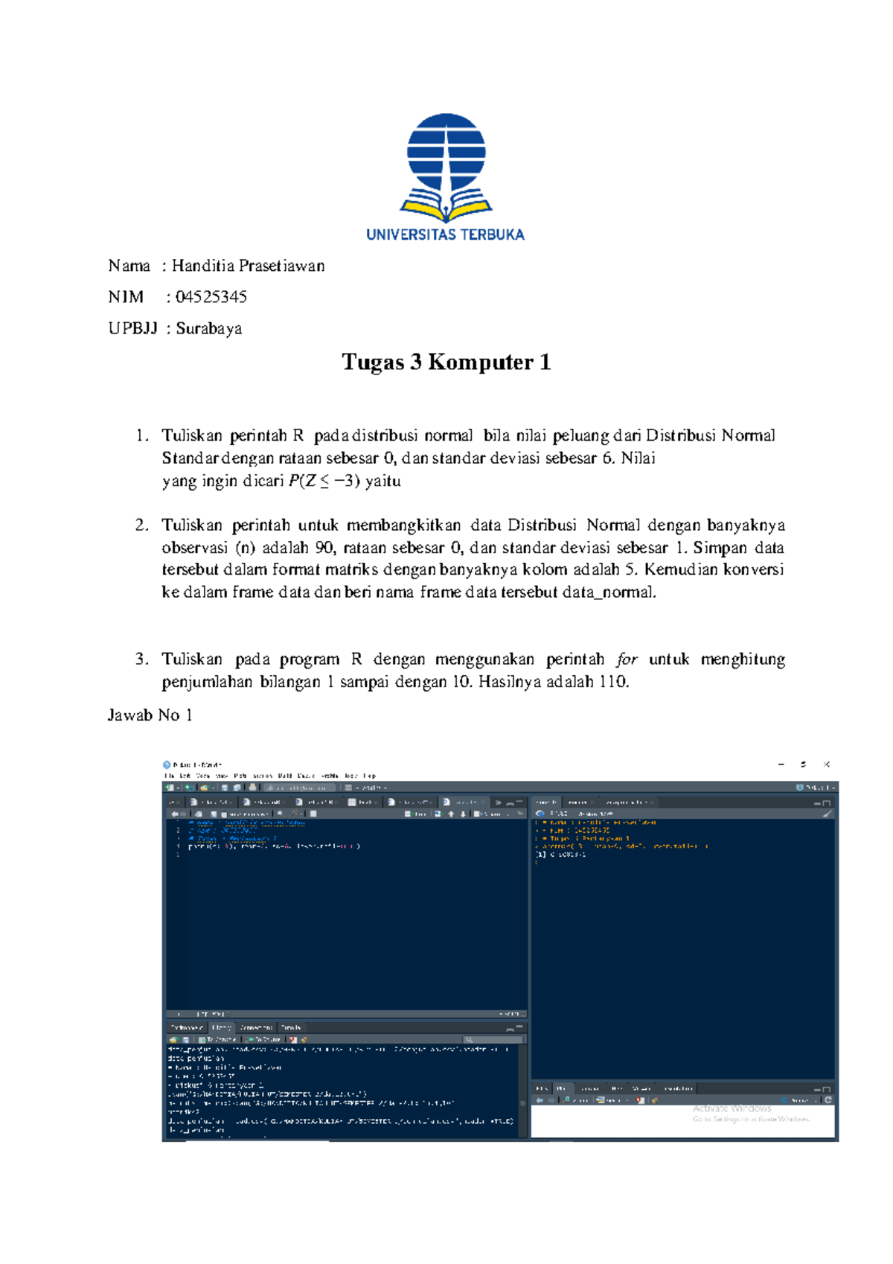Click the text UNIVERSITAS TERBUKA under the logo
pos(445,234)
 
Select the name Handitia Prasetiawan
pos(248,266)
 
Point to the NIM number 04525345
pos(211,297)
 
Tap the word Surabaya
pos(208,328)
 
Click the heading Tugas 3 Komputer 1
pos(446,363)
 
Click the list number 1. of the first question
pos(142,435)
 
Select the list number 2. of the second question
pos(142,526)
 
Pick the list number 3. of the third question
pos(142,660)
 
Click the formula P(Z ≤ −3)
pos(324,481)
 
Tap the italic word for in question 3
pos(627,660)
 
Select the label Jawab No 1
pos(150,715)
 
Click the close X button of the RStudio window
pos(827,765)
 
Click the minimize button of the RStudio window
pos(781,765)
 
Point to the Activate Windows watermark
pos(732,1108)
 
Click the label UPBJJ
pos(132,328)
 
